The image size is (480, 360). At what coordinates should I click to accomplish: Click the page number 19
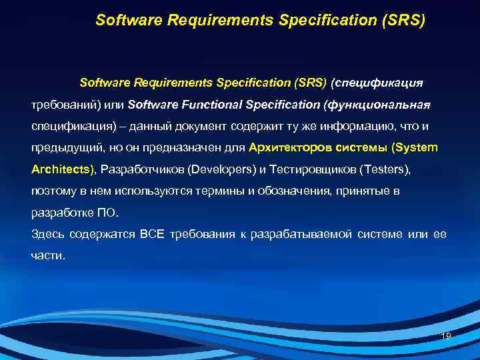[446, 336]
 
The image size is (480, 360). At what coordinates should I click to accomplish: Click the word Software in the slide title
[125, 21]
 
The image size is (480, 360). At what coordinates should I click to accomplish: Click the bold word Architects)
[63, 169]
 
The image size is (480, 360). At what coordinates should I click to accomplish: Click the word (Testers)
[385, 169]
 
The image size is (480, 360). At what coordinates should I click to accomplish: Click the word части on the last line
[49, 255]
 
